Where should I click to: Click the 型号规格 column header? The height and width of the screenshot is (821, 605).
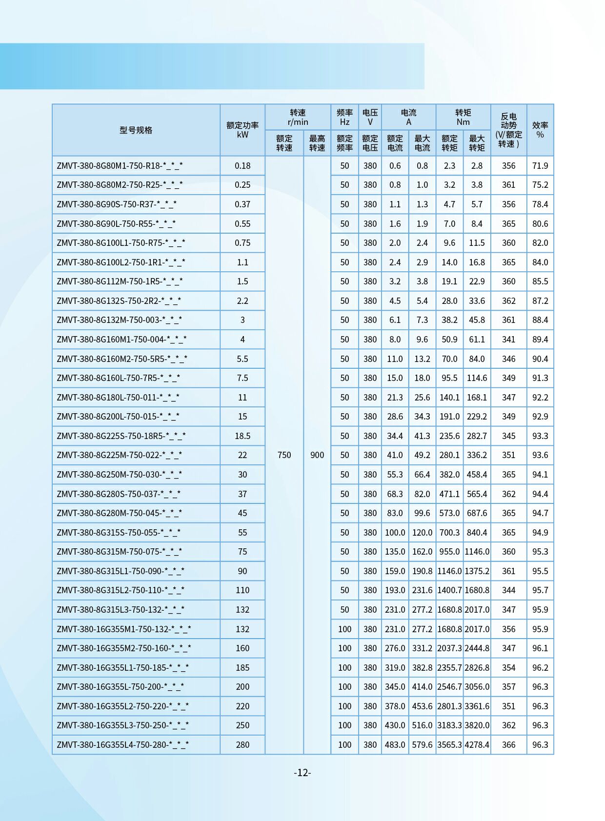(x=136, y=130)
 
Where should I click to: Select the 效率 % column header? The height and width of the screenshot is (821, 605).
(x=540, y=130)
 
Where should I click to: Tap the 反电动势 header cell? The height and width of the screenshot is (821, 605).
(x=508, y=130)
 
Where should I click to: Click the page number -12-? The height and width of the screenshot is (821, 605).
(x=302, y=773)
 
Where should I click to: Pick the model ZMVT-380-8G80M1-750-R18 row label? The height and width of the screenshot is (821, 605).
(x=120, y=166)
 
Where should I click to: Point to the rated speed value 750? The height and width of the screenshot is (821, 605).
(x=284, y=455)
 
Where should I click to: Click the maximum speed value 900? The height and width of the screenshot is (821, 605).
(x=317, y=455)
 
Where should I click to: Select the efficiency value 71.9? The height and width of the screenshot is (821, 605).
(x=540, y=166)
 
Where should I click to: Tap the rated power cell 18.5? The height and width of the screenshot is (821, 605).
(x=242, y=436)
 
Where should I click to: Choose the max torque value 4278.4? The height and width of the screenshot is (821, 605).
(x=477, y=745)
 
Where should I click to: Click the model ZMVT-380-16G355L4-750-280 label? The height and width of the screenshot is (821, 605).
(x=122, y=745)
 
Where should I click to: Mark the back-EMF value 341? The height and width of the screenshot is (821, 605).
(x=508, y=340)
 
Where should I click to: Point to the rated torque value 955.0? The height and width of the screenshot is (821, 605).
(x=449, y=552)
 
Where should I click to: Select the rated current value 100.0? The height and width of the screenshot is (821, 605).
(x=395, y=533)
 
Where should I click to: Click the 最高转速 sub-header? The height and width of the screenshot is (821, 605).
(x=317, y=143)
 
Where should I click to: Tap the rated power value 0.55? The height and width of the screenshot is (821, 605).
(x=242, y=224)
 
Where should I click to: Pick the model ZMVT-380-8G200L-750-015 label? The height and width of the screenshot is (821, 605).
(x=118, y=417)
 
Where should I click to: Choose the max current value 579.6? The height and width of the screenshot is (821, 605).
(x=422, y=745)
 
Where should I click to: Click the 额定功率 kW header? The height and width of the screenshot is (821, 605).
(x=242, y=130)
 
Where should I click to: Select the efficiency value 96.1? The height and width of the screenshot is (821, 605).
(x=540, y=648)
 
